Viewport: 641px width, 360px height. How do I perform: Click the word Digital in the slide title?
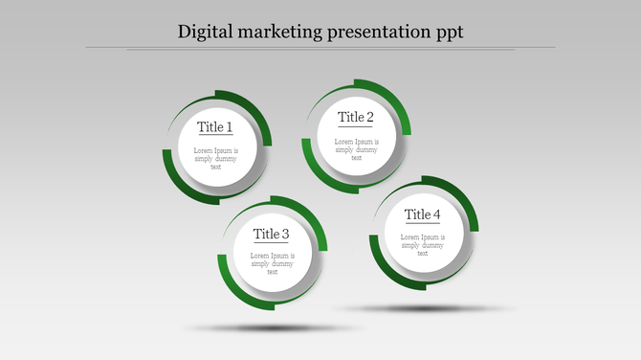tap(207, 32)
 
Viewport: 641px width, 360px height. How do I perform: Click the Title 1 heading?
tap(215, 126)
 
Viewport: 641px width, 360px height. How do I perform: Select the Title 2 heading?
tap(356, 117)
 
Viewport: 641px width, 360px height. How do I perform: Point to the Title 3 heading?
tap(272, 234)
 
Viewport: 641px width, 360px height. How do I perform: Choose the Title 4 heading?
tap(422, 214)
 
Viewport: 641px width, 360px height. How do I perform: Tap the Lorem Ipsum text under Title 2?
tap(356, 149)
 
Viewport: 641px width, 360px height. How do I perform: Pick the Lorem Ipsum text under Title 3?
tap(272, 263)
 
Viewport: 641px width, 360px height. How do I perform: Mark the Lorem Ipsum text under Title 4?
tap(422, 245)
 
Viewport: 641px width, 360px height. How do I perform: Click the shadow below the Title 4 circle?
tap(421, 308)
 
